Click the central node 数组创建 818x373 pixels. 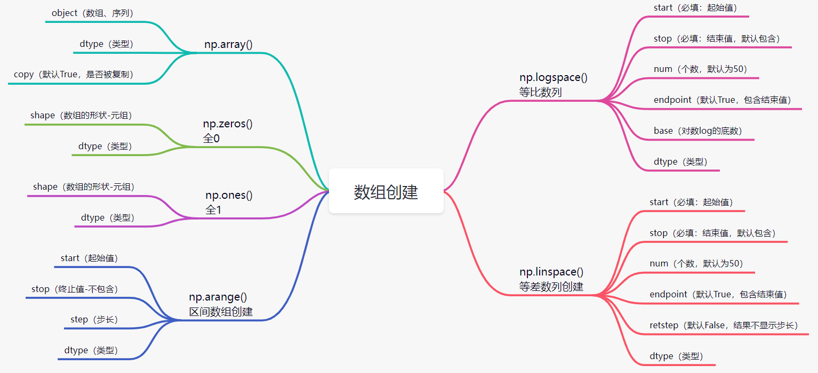[x=386, y=192]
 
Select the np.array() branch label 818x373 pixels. [x=228, y=44]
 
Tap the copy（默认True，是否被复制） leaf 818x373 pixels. [x=74, y=75]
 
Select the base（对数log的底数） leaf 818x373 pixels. [x=697, y=131]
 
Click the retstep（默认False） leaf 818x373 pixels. [x=723, y=326]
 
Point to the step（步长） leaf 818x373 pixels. [x=94, y=320]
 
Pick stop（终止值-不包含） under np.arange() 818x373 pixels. [x=75, y=289]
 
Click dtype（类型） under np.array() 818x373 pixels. [x=106, y=44]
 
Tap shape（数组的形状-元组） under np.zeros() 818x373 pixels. [x=81, y=116]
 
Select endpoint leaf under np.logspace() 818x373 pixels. [x=722, y=100]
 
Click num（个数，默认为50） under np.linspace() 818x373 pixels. [x=696, y=264]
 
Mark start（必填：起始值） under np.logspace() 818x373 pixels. [x=695, y=8]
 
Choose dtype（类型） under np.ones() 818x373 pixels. [x=107, y=217]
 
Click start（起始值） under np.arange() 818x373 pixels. [x=89, y=258]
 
